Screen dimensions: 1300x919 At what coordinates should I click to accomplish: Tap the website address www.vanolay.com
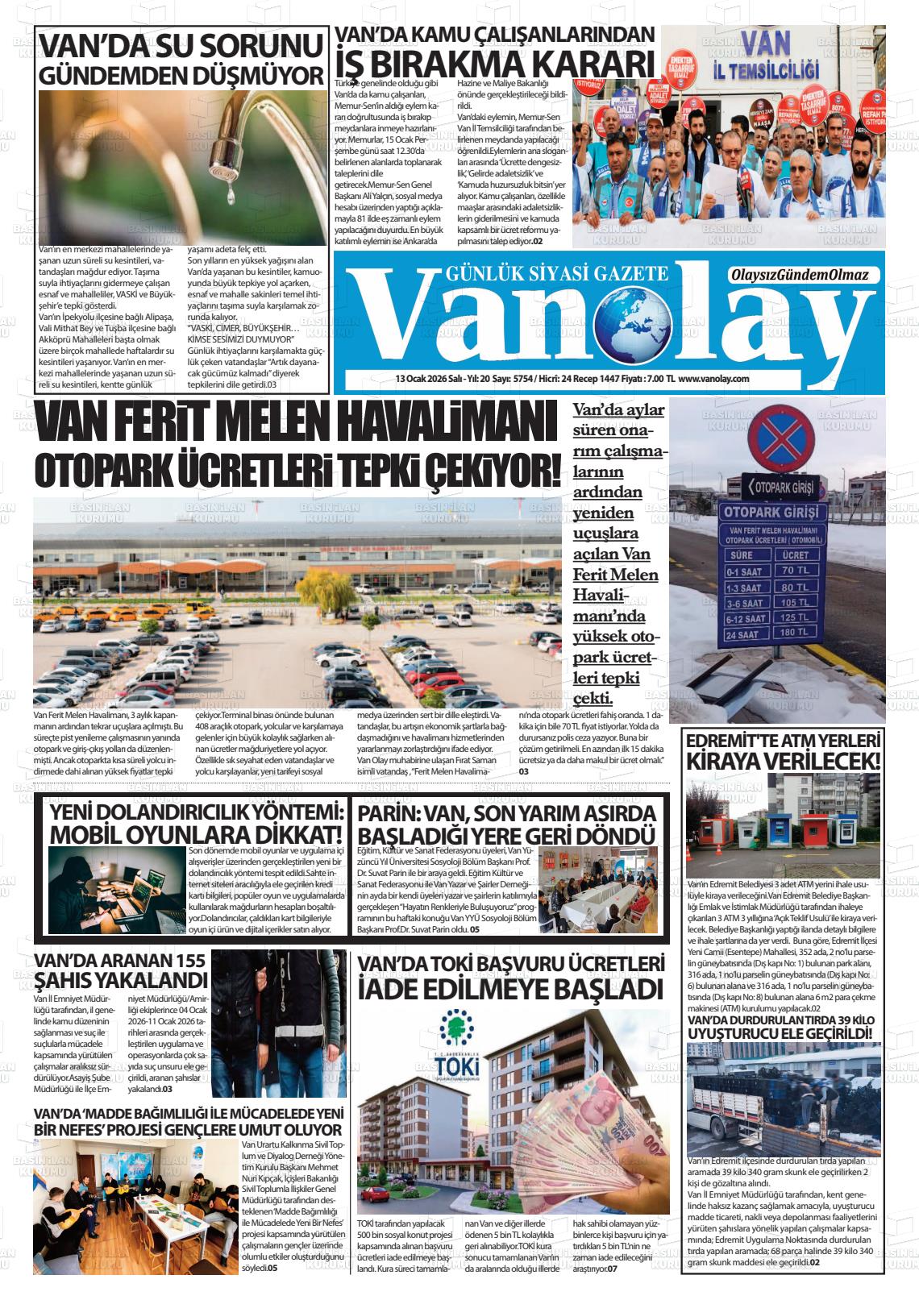[x=714, y=379]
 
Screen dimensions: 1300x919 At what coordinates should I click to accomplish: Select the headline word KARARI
[x=587, y=62]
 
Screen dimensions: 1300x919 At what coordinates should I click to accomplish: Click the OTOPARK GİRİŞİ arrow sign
[x=779, y=487]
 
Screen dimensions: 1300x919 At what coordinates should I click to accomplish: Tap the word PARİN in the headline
[x=389, y=812]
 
